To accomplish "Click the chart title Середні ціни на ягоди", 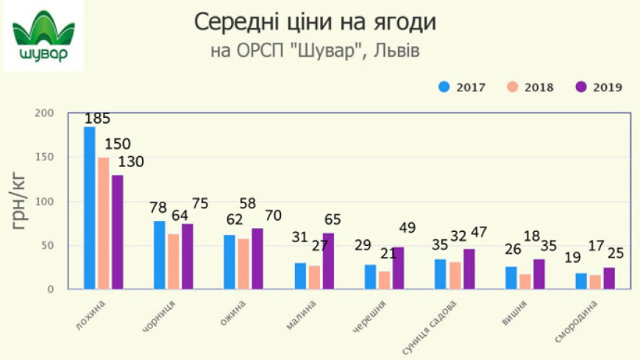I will [x=315, y=22].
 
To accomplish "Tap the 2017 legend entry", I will [x=462, y=87].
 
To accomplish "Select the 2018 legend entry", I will [x=530, y=87].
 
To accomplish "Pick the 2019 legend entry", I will [x=599, y=87].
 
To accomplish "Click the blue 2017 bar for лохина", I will [x=90, y=208].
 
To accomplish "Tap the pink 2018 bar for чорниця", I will [x=173, y=261].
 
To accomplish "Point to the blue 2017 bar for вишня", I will [x=511, y=278].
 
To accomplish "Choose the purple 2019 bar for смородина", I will [x=608, y=278].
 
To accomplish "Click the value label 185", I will [x=97, y=119].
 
